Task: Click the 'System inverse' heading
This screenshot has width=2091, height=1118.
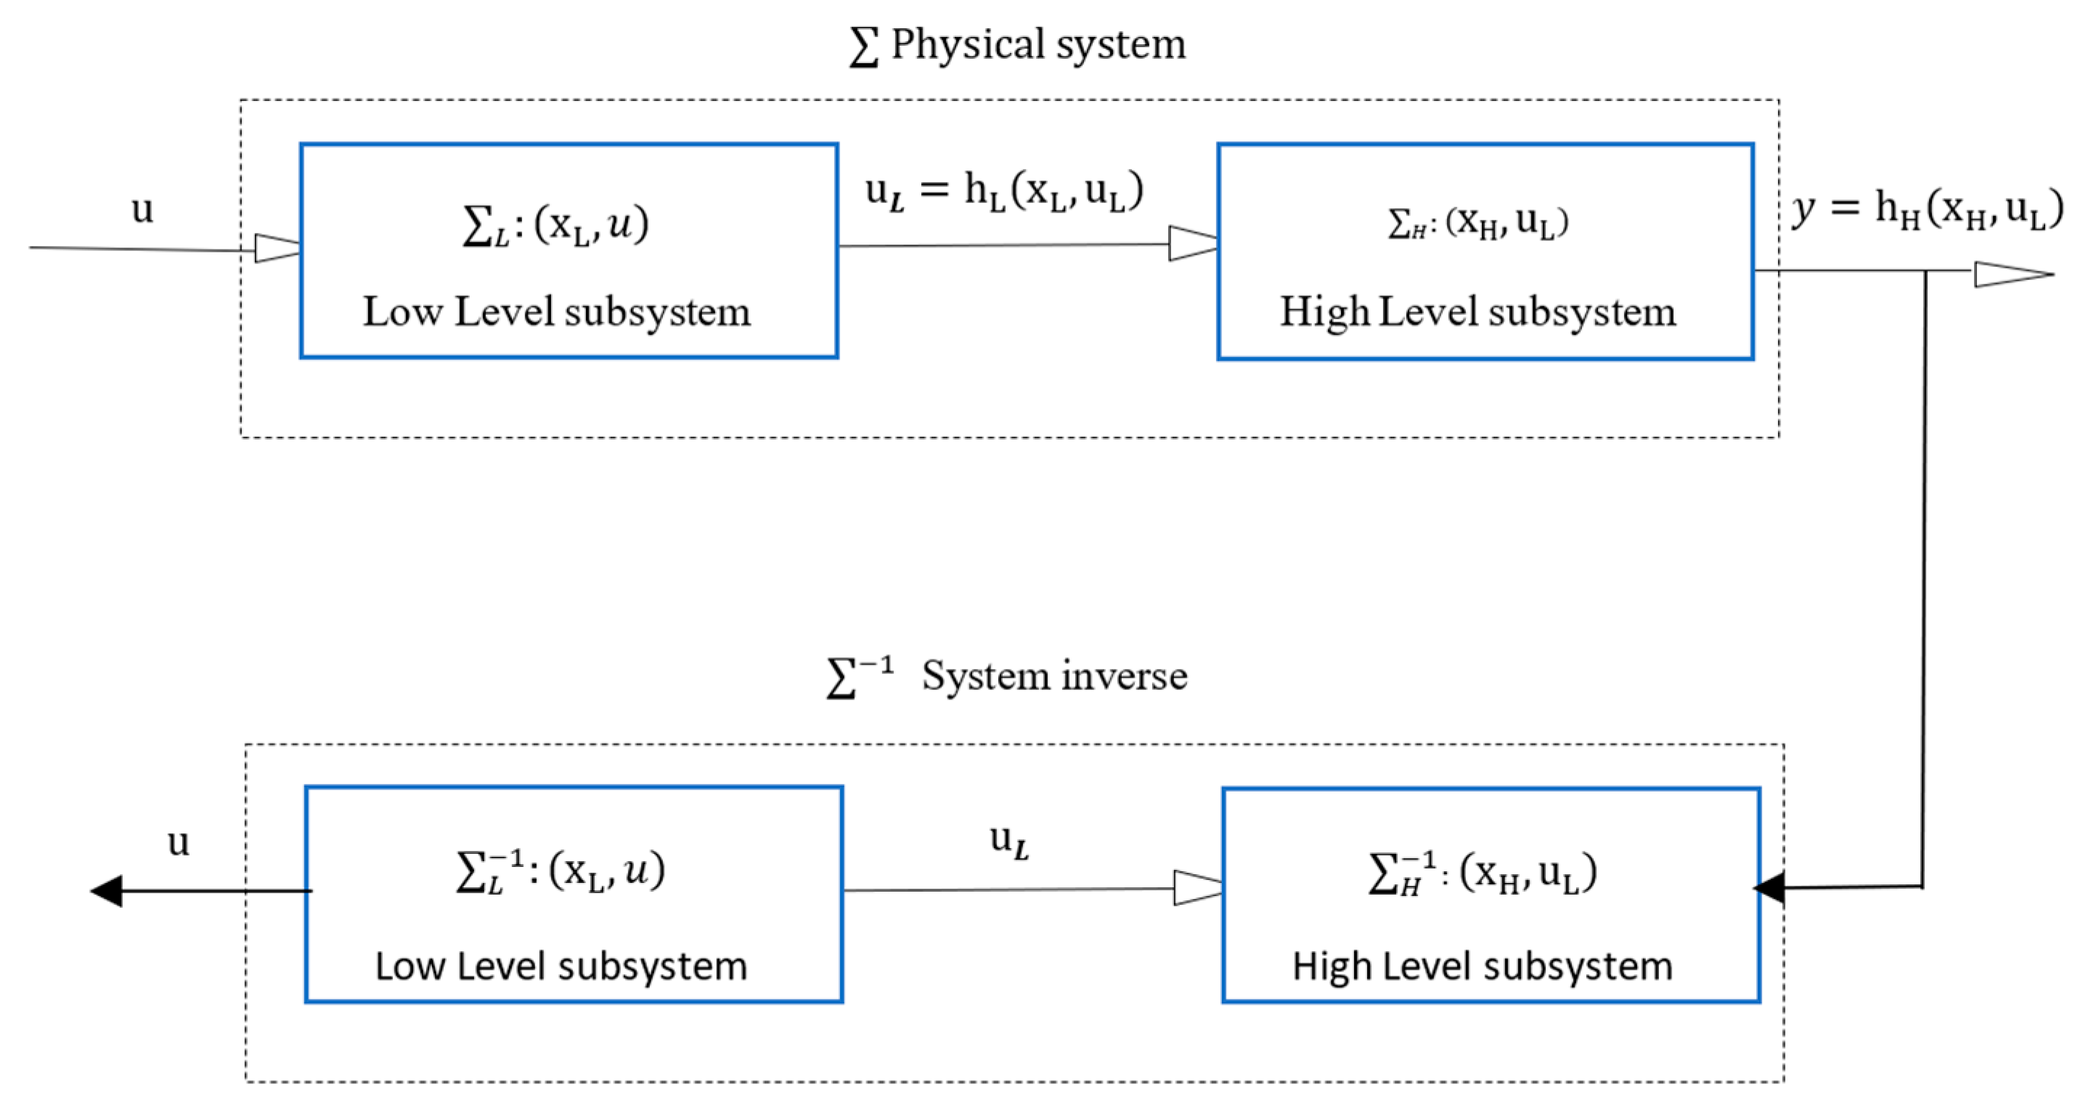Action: pos(1053,676)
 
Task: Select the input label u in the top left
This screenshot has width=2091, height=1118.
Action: pos(142,210)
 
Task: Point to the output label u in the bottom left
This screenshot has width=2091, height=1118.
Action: pos(178,842)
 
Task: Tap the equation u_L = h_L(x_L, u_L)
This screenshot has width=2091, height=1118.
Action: pos(1004,192)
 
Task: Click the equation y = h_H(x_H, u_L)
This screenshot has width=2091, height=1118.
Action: pos(1927,210)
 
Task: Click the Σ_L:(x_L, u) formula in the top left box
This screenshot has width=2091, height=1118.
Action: pos(556,225)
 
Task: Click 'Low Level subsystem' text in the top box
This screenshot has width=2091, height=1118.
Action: pos(557,311)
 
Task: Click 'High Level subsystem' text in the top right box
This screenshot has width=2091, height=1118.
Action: pos(1477,311)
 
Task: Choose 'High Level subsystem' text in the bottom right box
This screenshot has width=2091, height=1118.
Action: pos(1482,966)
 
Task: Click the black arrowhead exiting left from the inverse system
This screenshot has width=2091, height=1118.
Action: pos(107,891)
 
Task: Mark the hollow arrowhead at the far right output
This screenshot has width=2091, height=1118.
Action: pos(2011,274)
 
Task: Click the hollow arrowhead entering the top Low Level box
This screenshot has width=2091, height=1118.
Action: pos(277,248)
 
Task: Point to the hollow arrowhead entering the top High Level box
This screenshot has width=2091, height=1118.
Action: pos(1192,243)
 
